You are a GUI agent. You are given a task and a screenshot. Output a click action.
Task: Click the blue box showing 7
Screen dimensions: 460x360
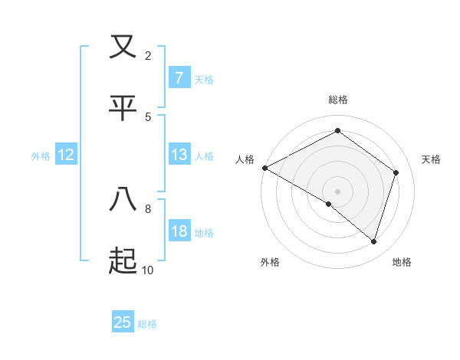(179, 77)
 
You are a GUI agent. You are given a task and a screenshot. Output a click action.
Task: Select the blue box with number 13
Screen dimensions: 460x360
(179, 155)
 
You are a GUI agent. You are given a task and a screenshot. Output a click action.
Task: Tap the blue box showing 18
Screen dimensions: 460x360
(179, 231)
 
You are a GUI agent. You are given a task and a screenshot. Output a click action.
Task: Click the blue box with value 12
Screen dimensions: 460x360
(66, 155)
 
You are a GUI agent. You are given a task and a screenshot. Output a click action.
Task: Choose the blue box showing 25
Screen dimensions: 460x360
(123, 322)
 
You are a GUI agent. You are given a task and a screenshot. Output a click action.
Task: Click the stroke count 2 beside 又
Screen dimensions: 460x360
(148, 56)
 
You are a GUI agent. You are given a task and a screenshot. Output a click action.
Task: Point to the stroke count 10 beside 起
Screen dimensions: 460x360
(147, 270)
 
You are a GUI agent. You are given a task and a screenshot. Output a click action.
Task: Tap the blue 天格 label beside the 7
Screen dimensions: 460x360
(204, 79)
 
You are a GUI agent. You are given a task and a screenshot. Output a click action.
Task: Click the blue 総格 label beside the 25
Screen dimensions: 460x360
(147, 324)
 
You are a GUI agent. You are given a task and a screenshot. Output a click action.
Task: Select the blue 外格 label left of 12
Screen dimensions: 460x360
(41, 156)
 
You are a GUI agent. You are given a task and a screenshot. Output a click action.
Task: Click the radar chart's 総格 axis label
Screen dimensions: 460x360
(338, 100)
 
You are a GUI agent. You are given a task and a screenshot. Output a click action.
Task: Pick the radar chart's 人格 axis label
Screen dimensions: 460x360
(245, 159)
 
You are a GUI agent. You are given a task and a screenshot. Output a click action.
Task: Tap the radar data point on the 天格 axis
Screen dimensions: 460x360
(396, 172)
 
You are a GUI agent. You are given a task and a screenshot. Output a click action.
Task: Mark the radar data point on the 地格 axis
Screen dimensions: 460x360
(374, 242)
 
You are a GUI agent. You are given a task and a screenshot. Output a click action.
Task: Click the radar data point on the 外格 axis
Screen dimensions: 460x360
(329, 205)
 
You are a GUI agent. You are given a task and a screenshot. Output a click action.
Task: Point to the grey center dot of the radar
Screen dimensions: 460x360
(338, 191)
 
